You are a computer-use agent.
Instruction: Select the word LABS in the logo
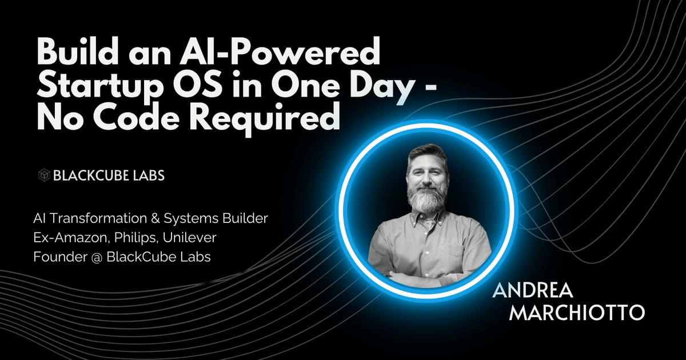(x=149, y=175)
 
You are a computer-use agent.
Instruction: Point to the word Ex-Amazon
(x=73, y=238)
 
